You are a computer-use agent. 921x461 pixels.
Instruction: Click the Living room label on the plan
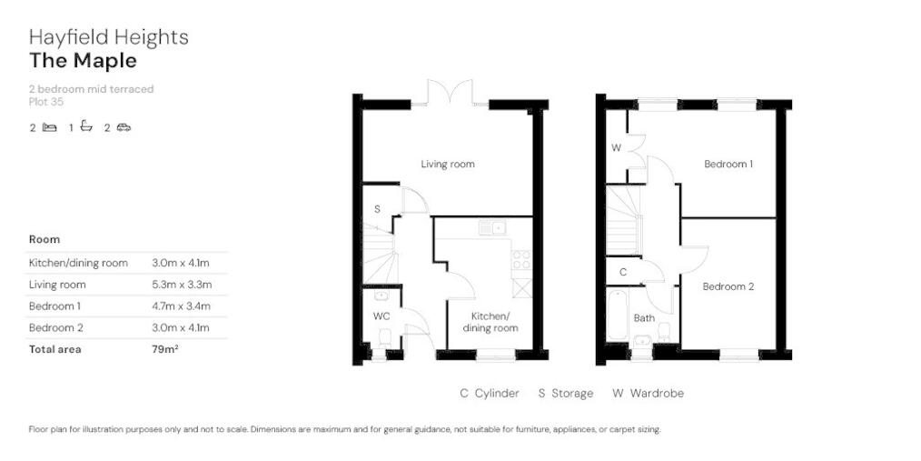click(x=448, y=164)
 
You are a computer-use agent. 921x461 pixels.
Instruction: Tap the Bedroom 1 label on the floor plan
click(x=728, y=164)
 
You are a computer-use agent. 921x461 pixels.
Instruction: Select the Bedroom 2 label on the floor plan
click(x=728, y=287)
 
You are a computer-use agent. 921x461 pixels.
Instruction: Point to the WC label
click(x=381, y=316)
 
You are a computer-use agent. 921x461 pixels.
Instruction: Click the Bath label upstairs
click(x=644, y=319)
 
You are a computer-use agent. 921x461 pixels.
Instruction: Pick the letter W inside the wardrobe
click(x=616, y=148)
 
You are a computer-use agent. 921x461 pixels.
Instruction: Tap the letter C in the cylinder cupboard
click(x=623, y=273)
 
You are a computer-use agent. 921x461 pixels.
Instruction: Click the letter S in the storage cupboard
click(x=377, y=209)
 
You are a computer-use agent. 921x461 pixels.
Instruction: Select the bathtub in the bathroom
click(x=617, y=314)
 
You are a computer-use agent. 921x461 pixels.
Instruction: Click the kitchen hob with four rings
click(x=521, y=260)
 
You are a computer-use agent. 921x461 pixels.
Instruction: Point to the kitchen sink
click(x=493, y=227)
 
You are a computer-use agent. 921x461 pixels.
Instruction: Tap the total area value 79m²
click(x=165, y=349)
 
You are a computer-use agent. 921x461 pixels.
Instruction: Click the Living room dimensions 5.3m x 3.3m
click(x=182, y=285)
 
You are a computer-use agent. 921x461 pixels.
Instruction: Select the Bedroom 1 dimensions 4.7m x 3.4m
click(x=181, y=306)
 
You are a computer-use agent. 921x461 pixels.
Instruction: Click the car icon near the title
click(x=124, y=127)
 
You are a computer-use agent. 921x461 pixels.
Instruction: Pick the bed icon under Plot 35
click(x=49, y=127)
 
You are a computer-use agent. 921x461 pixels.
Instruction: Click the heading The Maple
click(x=83, y=61)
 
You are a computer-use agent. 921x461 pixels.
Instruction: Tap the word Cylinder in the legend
click(x=497, y=394)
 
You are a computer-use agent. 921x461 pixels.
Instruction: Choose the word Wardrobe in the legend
click(x=657, y=394)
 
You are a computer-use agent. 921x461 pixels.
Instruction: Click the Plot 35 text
click(x=45, y=102)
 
